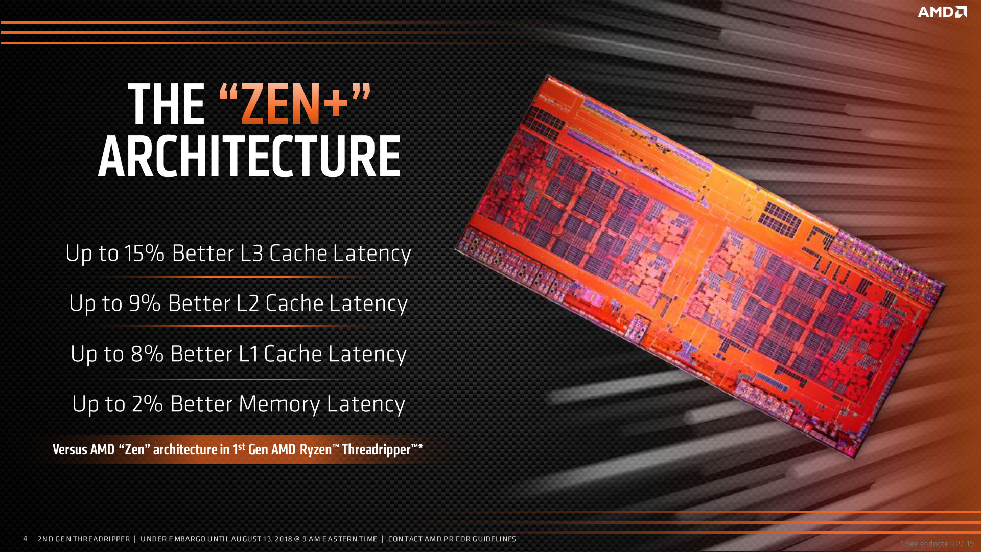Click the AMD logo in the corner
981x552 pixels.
(x=942, y=12)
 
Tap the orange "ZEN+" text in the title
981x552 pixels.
(x=294, y=104)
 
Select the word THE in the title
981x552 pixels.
(x=166, y=104)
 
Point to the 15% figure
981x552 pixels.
(x=144, y=253)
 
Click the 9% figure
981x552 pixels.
(x=145, y=303)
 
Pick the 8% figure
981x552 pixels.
(x=147, y=354)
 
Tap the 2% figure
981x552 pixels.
(x=147, y=404)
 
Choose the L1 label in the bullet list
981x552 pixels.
(x=248, y=354)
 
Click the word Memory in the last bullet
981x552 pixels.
(x=279, y=404)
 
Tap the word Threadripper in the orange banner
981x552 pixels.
(x=376, y=450)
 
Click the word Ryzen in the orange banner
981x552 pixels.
(x=316, y=450)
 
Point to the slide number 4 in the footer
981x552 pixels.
(x=25, y=538)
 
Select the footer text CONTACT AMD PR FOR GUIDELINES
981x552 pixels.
(x=452, y=539)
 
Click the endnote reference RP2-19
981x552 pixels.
(x=962, y=544)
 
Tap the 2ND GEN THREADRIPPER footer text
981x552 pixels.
(x=84, y=539)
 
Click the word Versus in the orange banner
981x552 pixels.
(x=70, y=450)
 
